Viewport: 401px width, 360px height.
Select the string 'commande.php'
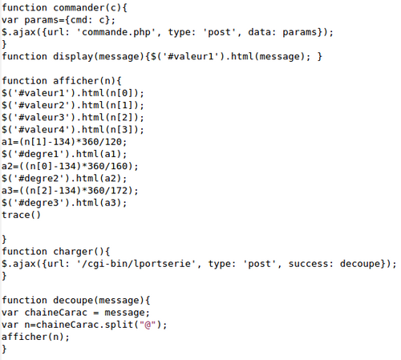pyautogui.click(x=116, y=32)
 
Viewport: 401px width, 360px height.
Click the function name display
pyautogui.click(x=73, y=57)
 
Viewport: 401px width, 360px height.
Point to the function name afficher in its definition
pyautogui.click(x=76, y=81)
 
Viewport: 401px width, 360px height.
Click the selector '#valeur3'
pyautogui.click(x=42, y=117)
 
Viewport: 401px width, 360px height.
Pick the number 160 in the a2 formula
pyautogui.click(x=119, y=166)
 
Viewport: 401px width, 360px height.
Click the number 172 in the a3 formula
pyautogui.click(x=119, y=191)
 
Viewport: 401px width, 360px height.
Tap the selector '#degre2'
pyautogui.click(x=38, y=178)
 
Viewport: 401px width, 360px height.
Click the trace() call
pyautogui.click(x=21, y=215)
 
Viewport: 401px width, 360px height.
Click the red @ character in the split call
pyautogui.click(x=148, y=325)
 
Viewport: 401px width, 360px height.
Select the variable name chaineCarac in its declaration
pyautogui.click(x=56, y=313)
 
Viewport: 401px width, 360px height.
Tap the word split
pyautogui.click(x=119, y=325)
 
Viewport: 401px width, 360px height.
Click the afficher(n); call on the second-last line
pyautogui.click(x=35, y=337)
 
